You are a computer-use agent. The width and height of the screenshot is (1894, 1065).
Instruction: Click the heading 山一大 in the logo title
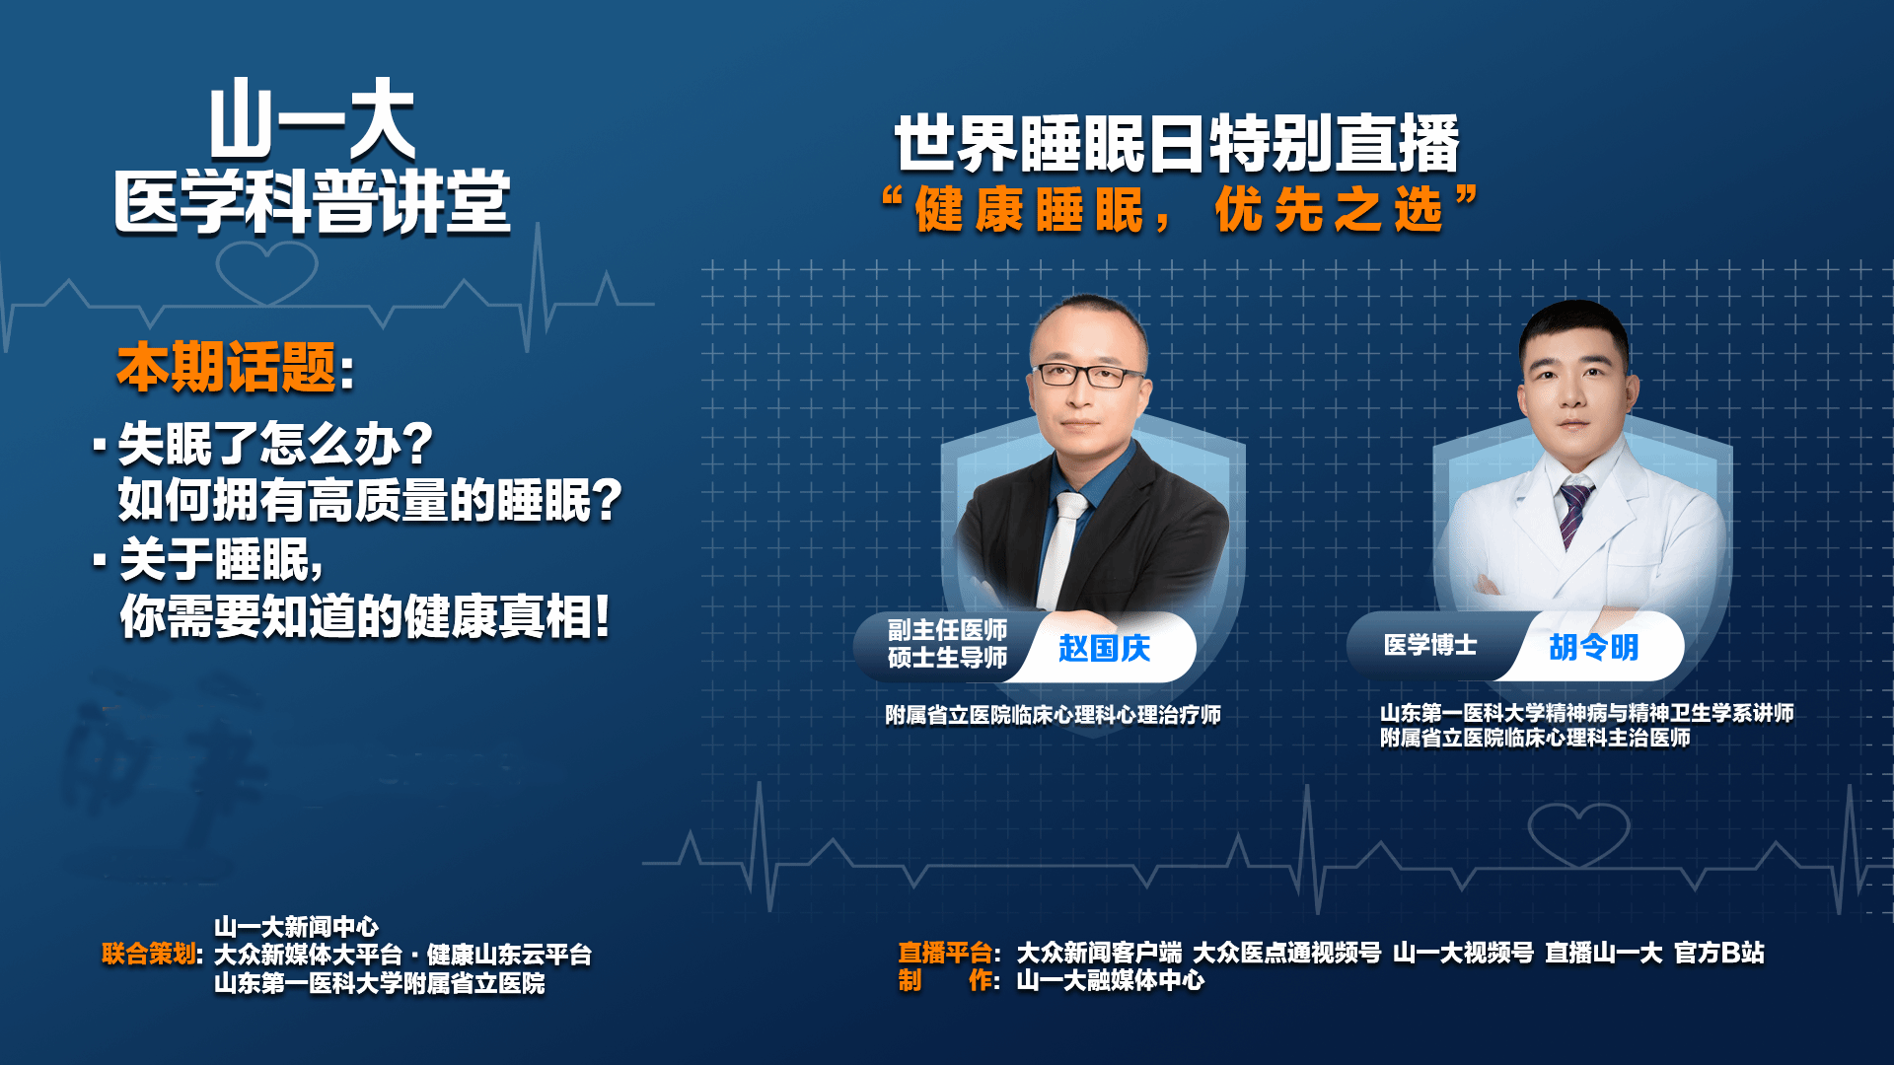coord(312,119)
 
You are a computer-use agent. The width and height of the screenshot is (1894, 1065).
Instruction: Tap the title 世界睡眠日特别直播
coord(1176,144)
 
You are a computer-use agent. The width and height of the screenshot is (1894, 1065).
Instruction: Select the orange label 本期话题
coord(227,367)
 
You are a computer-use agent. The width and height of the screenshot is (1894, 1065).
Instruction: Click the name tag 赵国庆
coord(1104,648)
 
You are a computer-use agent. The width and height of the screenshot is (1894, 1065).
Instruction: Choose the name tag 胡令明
coord(1593,647)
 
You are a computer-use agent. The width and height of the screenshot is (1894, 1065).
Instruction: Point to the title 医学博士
coord(1430,645)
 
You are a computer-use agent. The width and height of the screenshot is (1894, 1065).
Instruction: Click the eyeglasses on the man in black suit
coord(1088,375)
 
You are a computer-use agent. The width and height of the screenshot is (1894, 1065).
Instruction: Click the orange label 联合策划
coord(149,954)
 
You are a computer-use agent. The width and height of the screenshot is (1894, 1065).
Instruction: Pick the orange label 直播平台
coord(945,953)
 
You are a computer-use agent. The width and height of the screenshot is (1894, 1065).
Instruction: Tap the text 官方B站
coord(1719,953)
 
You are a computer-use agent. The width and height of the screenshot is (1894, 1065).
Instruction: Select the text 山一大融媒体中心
coord(1111,980)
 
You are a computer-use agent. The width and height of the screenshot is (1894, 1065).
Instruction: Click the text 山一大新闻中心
coord(296,927)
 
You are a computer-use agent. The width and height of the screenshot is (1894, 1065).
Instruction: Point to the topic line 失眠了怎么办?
coord(276,444)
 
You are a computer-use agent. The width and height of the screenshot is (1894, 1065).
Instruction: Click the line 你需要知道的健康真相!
coord(365,617)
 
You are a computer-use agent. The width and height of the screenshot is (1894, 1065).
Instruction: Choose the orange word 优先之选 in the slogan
coord(1329,210)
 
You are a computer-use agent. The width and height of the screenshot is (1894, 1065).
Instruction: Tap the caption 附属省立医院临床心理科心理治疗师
coord(1053,715)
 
